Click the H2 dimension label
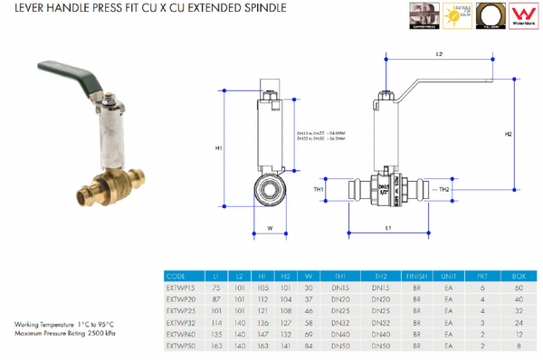(508, 134)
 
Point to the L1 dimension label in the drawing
(387, 229)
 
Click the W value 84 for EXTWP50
(308, 345)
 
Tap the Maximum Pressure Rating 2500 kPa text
(62, 332)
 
